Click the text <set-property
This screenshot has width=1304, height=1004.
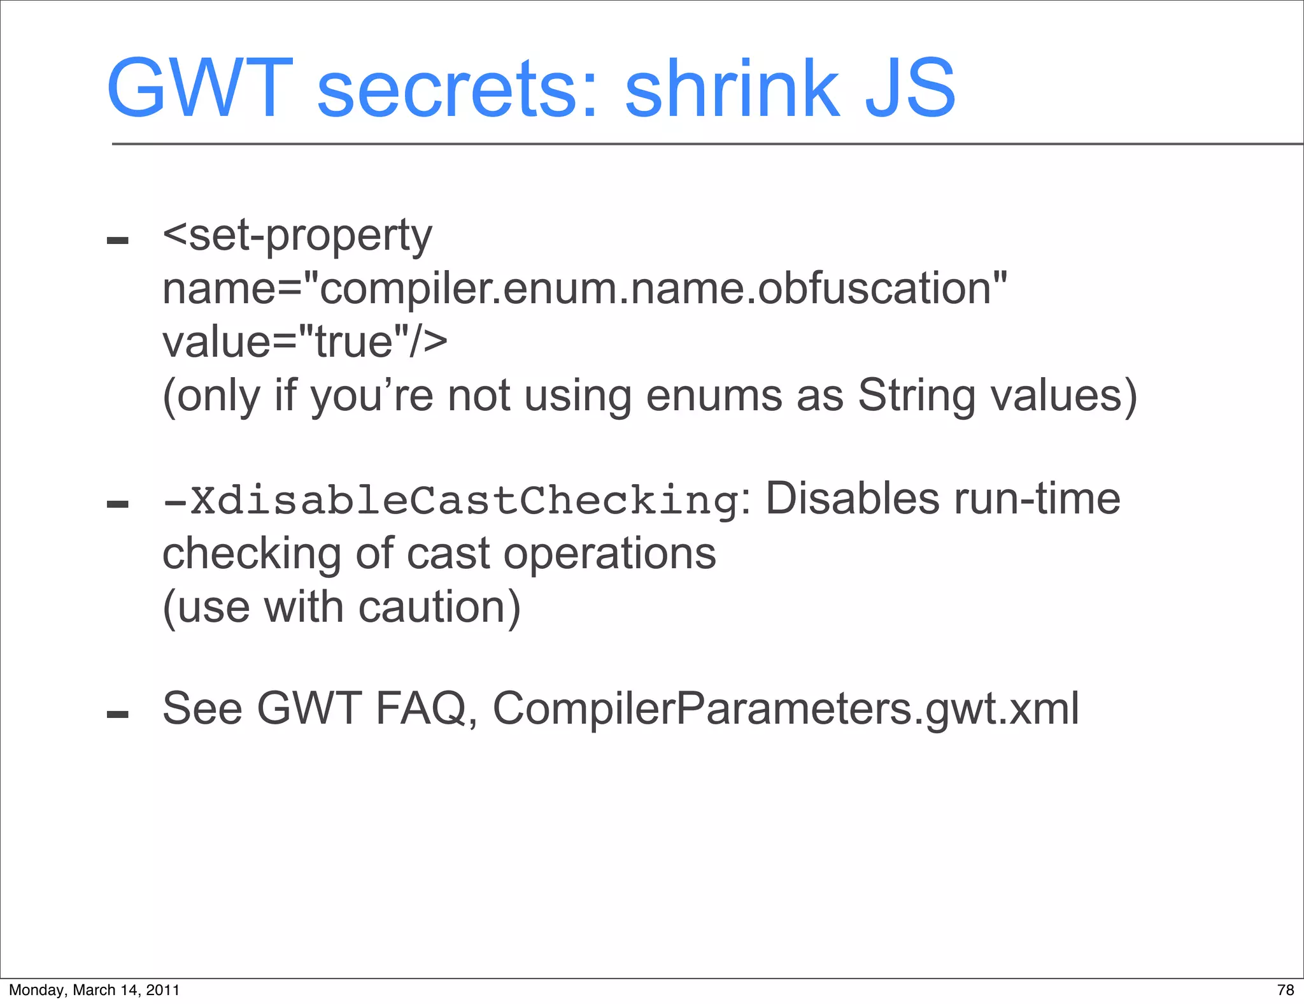297,236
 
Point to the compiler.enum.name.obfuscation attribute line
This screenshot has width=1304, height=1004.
585,289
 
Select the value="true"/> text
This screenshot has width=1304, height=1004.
305,342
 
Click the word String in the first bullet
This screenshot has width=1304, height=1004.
916,396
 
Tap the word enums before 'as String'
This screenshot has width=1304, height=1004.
713,396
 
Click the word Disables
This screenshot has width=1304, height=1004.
851,499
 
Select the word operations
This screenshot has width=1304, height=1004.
609,552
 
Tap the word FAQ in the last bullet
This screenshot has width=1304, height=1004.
421,708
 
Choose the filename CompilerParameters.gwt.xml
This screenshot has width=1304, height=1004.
786,708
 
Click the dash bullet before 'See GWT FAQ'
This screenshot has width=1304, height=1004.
118,714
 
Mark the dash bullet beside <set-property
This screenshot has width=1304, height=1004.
118,241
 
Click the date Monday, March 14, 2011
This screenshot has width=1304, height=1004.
94,989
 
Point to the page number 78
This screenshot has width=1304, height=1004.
1286,989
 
